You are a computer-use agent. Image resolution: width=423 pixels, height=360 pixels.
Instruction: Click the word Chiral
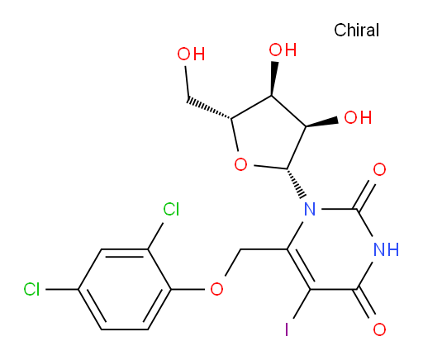click(x=356, y=30)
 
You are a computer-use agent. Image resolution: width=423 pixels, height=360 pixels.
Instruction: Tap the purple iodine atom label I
click(x=287, y=329)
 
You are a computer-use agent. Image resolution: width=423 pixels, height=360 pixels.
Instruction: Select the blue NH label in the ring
click(x=386, y=249)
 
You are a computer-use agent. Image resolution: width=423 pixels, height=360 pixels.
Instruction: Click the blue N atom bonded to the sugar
click(x=310, y=210)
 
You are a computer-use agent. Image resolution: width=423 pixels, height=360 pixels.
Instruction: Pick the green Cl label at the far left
click(x=31, y=290)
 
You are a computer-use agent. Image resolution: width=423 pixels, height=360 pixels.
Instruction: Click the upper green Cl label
click(x=171, y=209)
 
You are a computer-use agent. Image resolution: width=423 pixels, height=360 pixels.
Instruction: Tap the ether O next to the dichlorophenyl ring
click(x=216, y=289)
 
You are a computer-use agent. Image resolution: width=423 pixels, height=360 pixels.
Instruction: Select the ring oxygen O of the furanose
click(x=240, y=164)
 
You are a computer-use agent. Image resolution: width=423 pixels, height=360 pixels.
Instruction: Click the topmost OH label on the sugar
click(x=283, y=50)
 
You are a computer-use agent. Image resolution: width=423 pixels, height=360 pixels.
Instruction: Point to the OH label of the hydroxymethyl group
click(x=191, y=54)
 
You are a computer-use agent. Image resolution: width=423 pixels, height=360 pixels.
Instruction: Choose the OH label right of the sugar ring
click(x=358, y=117)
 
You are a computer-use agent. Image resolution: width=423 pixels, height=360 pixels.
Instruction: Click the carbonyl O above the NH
click(x=379, y=169)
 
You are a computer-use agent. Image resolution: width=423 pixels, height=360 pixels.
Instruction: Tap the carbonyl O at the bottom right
click(x=379, y=329)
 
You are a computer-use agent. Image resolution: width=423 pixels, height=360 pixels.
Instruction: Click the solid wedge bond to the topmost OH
click(x=273, y=78)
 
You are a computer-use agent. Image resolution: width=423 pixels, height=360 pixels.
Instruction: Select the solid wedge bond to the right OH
click(x=321, y=123)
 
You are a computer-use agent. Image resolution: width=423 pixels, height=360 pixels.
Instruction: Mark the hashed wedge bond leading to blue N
click(x=296, y=183)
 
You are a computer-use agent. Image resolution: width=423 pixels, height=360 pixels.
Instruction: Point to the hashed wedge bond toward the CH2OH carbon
click(x=209, y=109)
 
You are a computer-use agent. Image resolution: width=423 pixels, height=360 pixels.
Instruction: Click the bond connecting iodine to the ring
click(x=302, y=304)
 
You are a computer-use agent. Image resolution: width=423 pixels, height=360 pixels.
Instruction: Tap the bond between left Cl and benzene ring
click(x=62, y=289)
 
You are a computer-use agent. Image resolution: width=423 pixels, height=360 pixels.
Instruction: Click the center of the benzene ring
click(x=125, y=289)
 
